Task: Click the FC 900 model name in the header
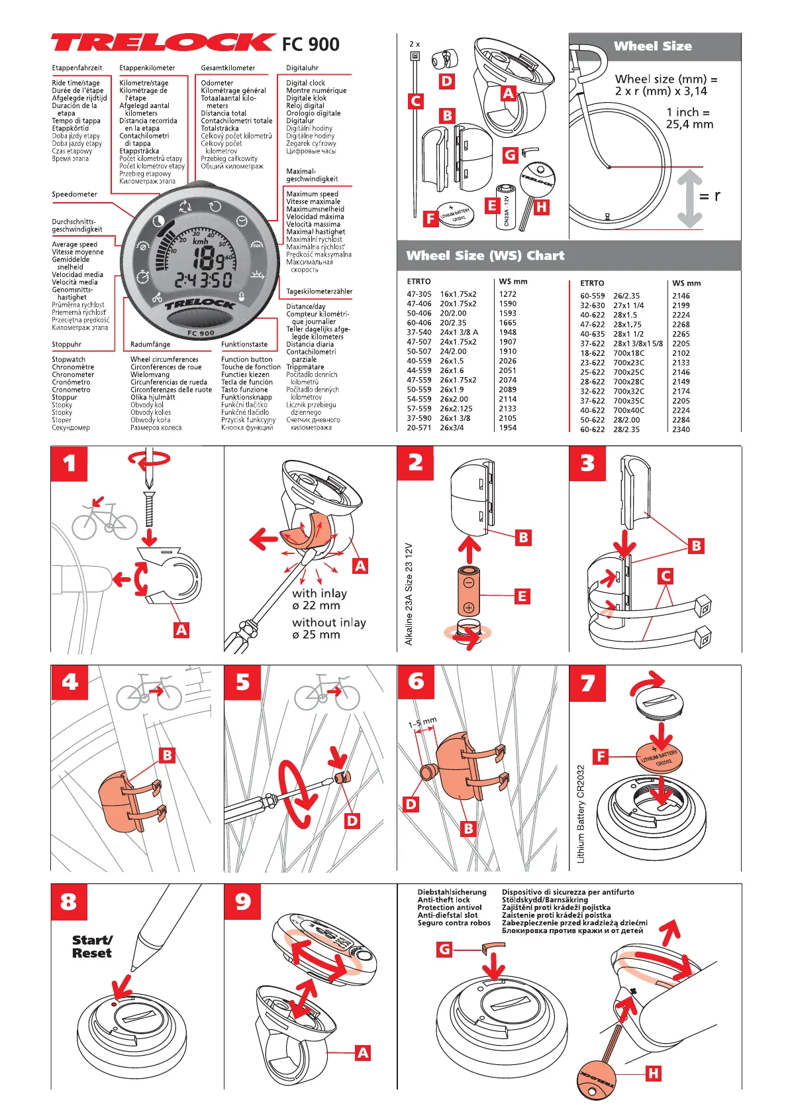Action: (311, 44)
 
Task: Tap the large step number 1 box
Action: (69, 463)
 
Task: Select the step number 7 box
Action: (587, 683)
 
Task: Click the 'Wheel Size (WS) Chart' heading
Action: (485, 256)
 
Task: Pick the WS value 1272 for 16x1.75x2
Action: (508, 294)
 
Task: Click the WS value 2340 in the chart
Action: (681, 429)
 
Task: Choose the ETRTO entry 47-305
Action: (419, 294)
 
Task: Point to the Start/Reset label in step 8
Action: (92, 946)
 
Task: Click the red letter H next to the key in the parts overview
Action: (541, 207)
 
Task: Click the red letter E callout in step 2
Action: (522, 596)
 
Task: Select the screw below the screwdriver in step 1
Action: (150, 508)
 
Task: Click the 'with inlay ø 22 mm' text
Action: (319, 599)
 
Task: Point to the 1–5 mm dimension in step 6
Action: (422, 723)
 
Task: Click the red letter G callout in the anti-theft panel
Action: (444, 949)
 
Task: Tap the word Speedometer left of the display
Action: (74, 194)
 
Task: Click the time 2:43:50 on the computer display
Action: (203, 280)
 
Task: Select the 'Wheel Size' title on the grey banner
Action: (652, 46)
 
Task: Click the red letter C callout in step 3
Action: (665, 576)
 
